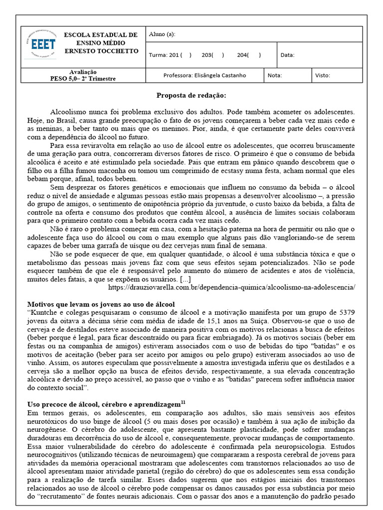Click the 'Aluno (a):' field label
click(x=162, y=34)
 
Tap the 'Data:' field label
click(x=288, y=55)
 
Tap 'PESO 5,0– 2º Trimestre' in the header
click(x=83, y=79)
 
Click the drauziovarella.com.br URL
click(x=231, y=287)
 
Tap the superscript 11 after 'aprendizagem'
click(x=183, y=401)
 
